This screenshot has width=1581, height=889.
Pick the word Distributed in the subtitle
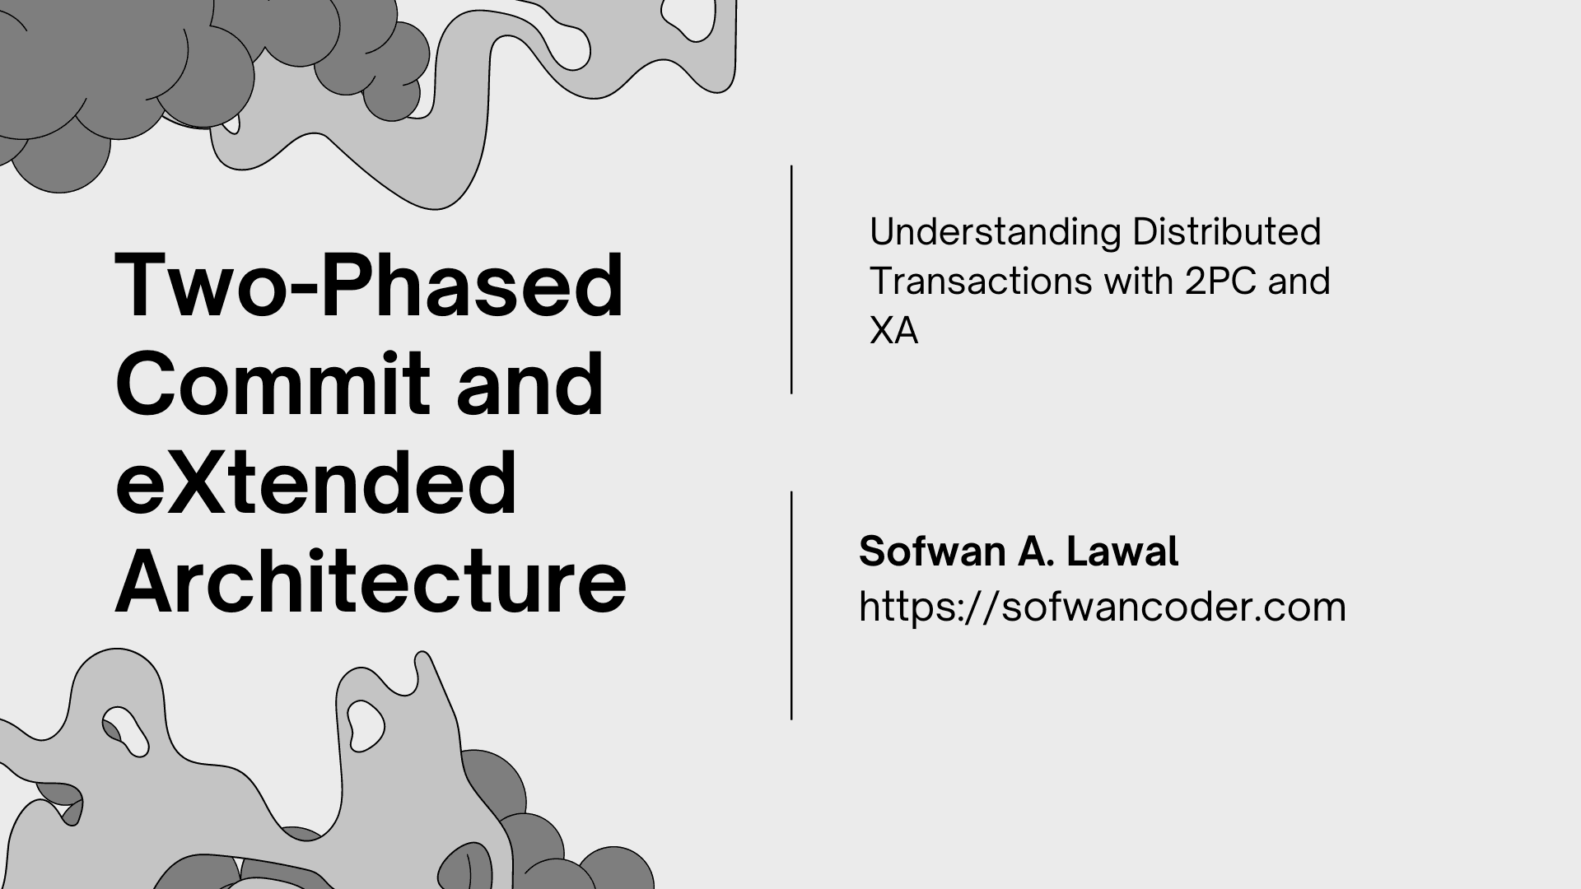(1226, 232)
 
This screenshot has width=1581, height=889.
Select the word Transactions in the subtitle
(980, 282)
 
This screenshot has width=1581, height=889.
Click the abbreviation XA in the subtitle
(893, 331)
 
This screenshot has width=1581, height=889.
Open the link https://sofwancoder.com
(1102, 607)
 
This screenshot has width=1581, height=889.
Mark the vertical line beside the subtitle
(791, 280)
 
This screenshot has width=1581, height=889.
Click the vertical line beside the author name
(791, 606)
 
